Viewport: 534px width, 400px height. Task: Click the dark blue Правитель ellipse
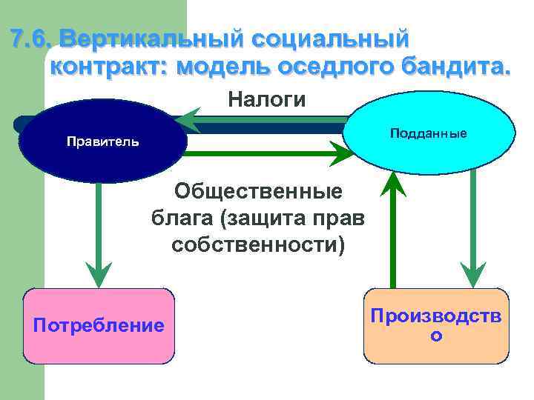pos(102,141)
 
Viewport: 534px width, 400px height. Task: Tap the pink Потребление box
pos(99,326)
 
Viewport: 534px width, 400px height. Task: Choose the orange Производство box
pos(437,326)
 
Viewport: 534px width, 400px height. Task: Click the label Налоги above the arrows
pos(266,99)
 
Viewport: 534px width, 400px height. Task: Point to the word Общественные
pos(258,192)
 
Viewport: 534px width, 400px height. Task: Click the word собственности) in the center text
pos(258,244)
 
